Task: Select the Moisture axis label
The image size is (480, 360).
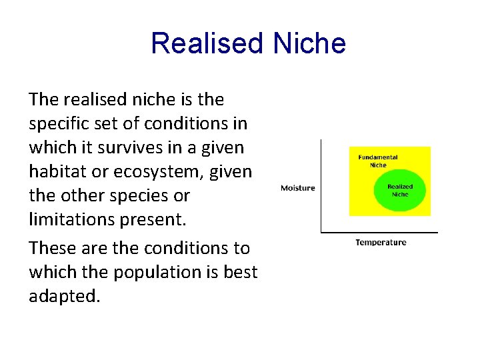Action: coord(297,188)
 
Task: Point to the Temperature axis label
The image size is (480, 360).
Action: coord(381,243)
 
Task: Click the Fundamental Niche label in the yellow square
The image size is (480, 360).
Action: coord(377,161)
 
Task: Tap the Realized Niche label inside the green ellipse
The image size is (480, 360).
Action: coord(400,191)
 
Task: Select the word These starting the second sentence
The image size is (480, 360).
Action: coord(52,247)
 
